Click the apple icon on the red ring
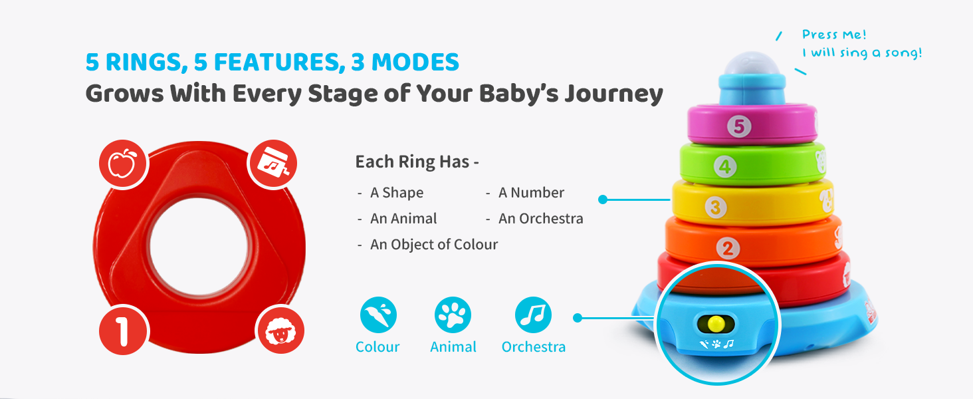click(x=124, y=164)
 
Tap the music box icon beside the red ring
click(x=272, y=164)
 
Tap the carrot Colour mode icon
click(x=378, y=315)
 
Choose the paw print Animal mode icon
click(x=453, y=315)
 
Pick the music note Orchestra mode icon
click(x=533, y=315)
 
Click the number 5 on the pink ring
click(x=739, y=126)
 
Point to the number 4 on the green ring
click(x=725, y=166)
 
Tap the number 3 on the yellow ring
click(x=715, y=207)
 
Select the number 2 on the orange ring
click(x=728, y=249)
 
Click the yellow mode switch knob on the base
click(x=716, y=324)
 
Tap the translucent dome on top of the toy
click(x=752, y=65)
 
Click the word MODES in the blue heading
click(x=415, y=62)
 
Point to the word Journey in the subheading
click(x=613, y=94)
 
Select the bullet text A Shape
click(x=397, y=193)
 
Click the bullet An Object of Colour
click(x=434, y=244)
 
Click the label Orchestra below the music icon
click(x=534, y=347)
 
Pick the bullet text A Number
click(x=531, y=193)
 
